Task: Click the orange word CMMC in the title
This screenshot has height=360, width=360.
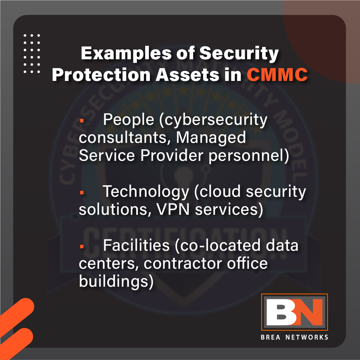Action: click(277, 75)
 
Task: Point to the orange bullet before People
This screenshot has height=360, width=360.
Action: click(81, 121)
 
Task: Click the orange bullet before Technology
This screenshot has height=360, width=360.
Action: click(81, 192)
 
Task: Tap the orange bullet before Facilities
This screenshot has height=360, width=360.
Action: click(81, 247)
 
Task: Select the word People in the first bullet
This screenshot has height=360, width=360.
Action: click(129, 120)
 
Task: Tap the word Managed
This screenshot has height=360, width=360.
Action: click(211, 138)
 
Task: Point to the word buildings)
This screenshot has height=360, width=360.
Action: click(116, 281)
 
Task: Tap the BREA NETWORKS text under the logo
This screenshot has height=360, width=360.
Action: click(294, 337)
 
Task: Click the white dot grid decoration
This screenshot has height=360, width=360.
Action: click(32, 53)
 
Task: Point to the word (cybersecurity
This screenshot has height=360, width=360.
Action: click(213, 120)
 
